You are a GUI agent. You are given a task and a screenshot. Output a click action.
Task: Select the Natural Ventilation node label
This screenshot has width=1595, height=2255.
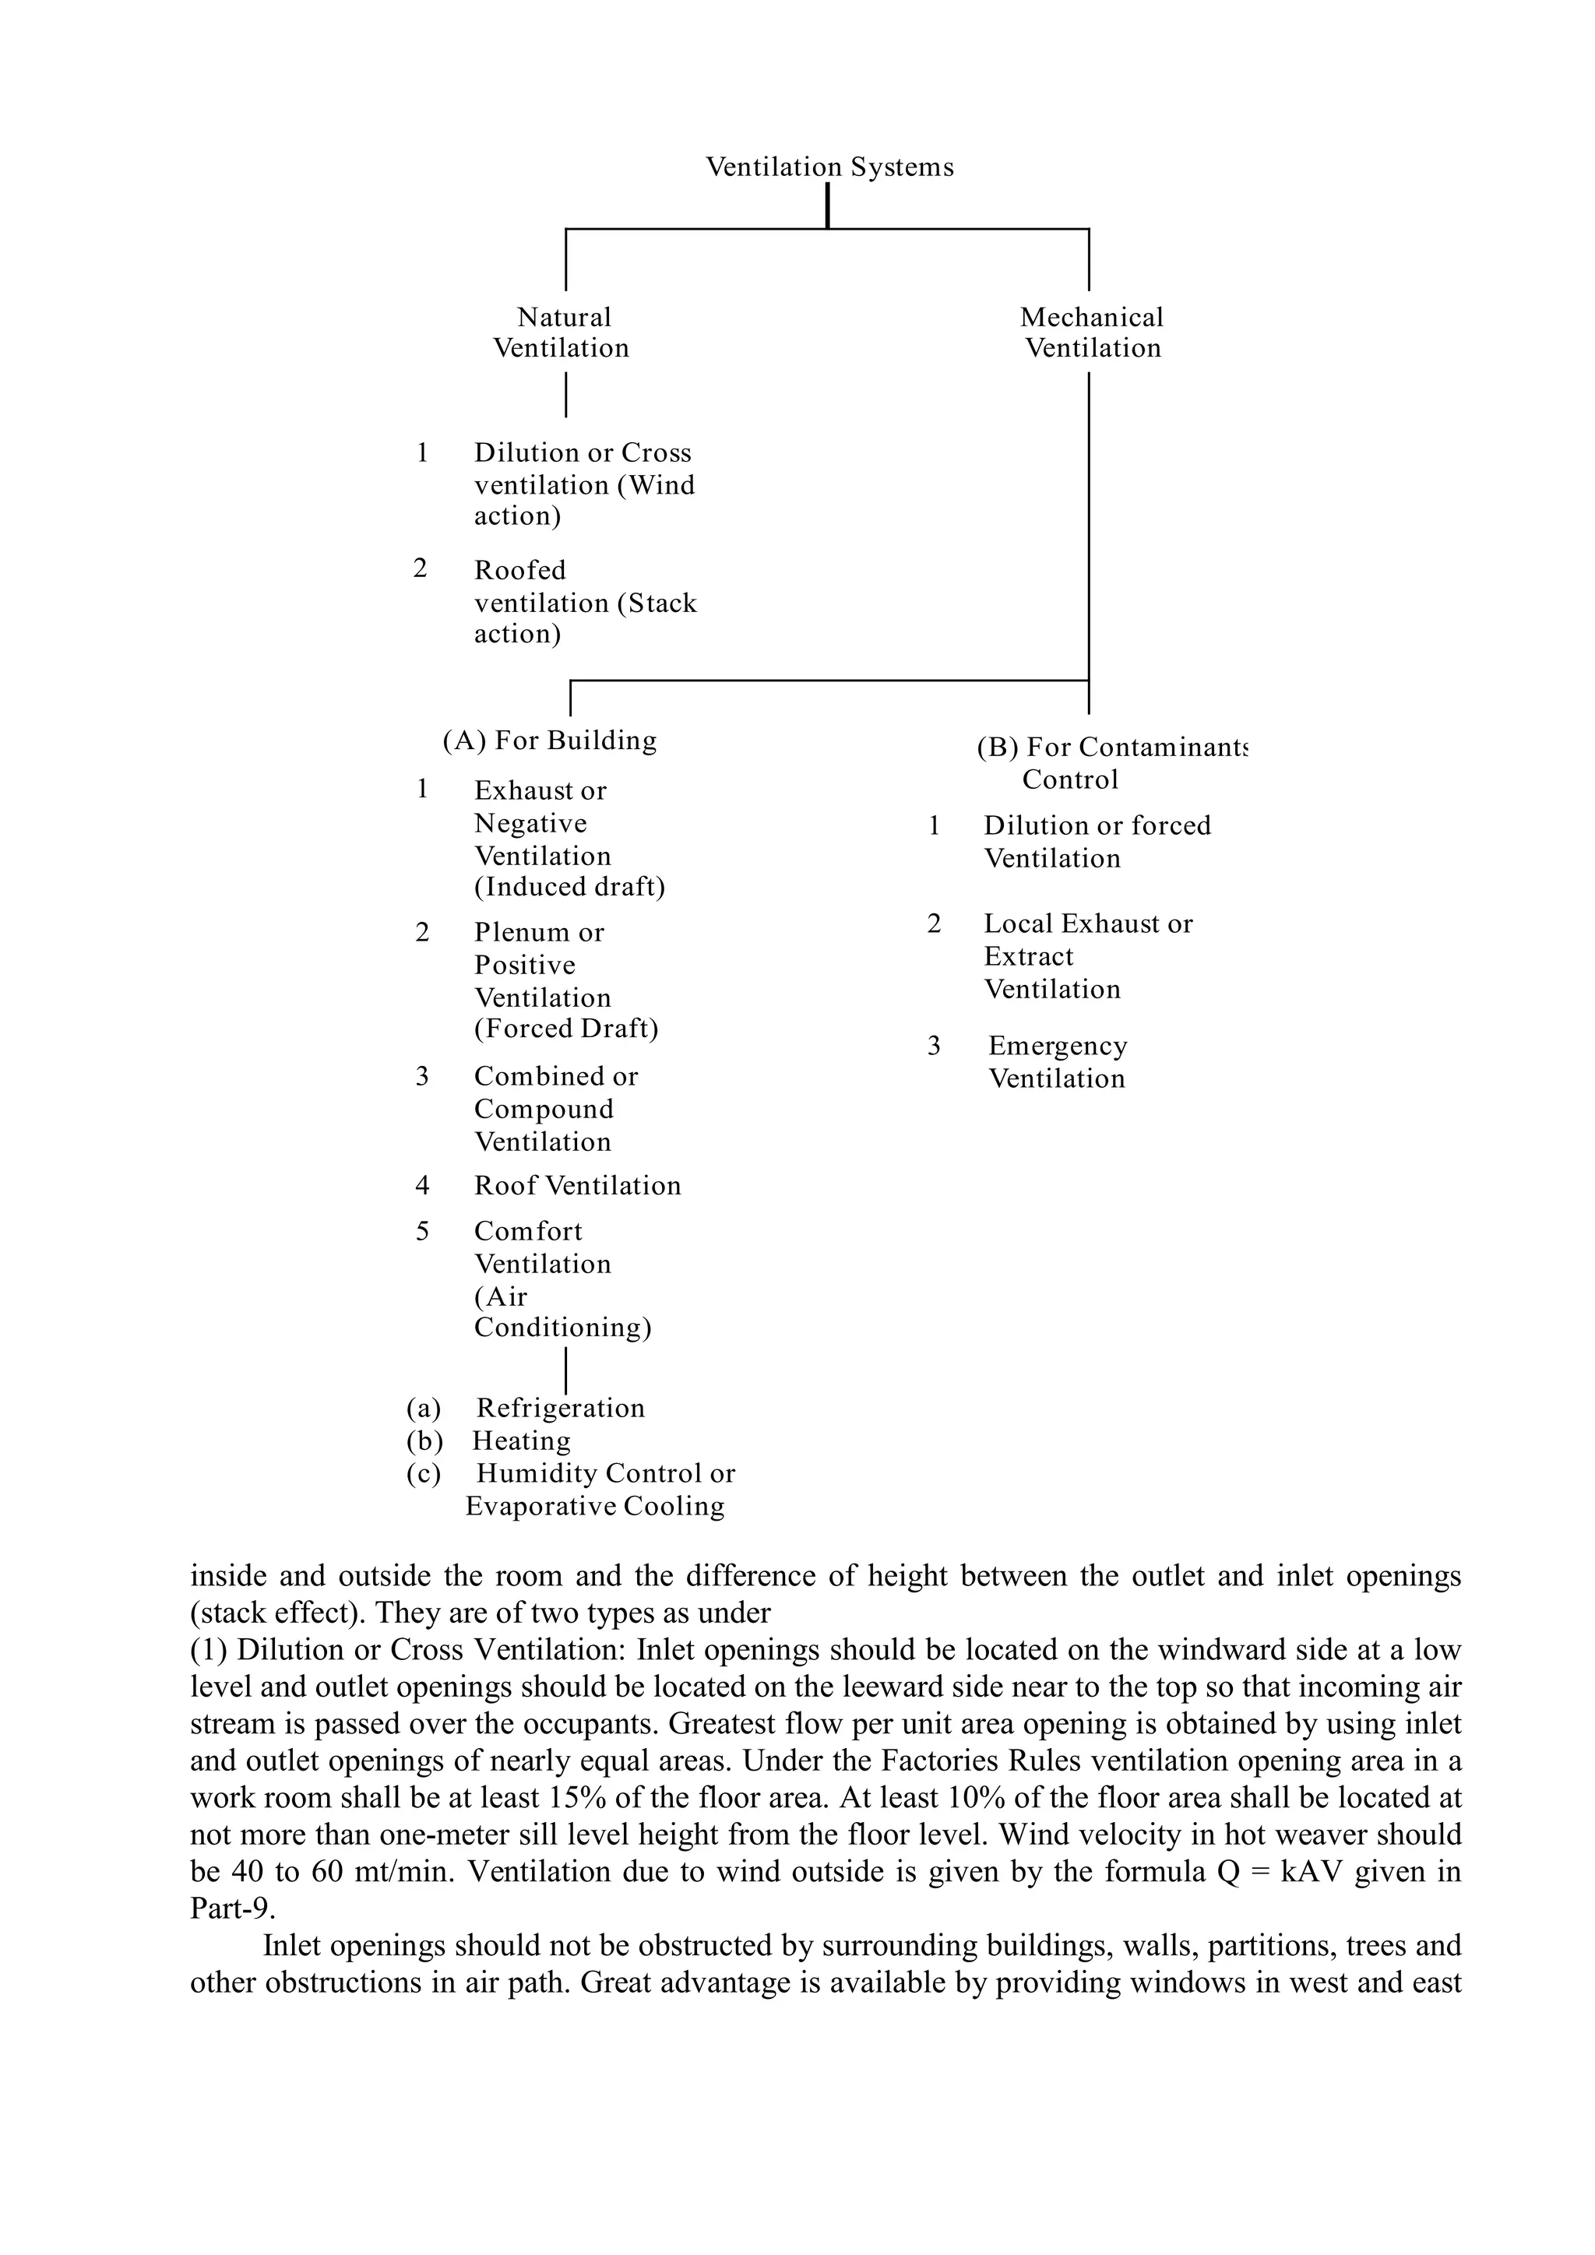point(562,333)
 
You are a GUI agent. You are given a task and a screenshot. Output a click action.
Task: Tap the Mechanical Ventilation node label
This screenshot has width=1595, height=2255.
point(1091,333)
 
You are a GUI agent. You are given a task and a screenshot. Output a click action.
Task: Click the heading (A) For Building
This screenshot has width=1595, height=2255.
point(549,741)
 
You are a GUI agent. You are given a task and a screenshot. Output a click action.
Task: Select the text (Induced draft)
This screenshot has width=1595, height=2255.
point(569,887)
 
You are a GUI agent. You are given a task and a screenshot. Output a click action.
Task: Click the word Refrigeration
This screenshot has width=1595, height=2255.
point(561,1409)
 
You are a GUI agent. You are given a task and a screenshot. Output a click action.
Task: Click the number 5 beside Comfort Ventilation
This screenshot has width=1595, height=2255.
point(422,1232)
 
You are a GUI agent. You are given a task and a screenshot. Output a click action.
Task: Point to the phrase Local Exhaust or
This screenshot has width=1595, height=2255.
point(1088,924)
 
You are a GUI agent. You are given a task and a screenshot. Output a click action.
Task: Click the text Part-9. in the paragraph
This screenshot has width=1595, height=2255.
point(233,1909)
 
